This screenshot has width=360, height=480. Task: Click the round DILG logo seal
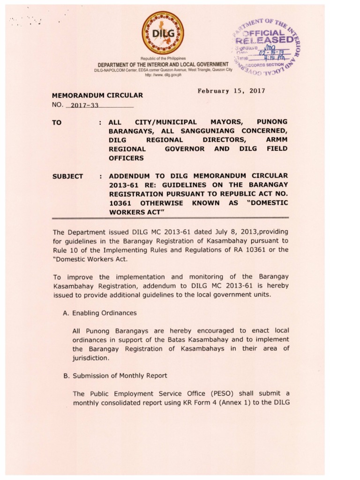163,31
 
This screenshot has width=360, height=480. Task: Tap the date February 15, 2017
232,91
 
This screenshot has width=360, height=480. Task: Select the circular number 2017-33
82,105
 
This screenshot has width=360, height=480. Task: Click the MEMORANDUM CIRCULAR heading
97,95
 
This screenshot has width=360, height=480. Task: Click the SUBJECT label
67,177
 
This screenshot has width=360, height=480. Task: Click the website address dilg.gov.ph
163,75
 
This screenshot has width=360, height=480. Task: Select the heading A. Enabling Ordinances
100,313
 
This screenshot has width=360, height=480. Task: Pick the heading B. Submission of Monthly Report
115,375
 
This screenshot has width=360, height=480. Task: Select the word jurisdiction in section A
91,358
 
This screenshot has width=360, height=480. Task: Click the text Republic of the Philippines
163,58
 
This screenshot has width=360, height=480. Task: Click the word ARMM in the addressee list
277,140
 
